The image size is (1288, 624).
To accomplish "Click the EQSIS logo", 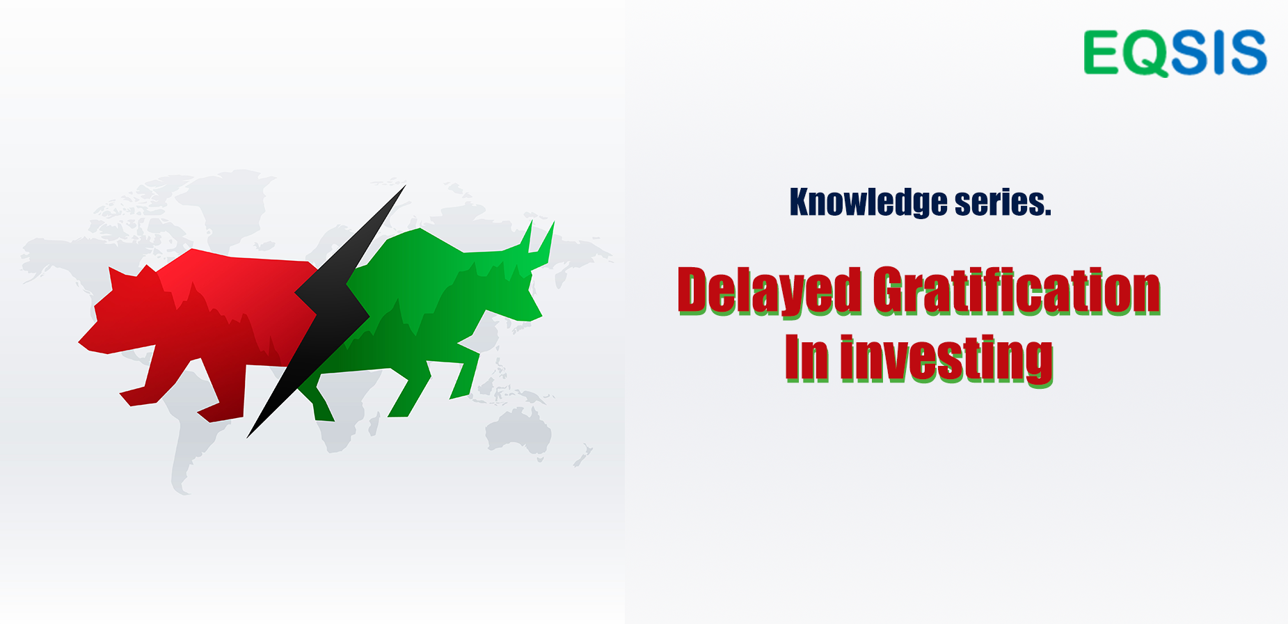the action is (1175, 53).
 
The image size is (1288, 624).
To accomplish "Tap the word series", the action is (1003, 202).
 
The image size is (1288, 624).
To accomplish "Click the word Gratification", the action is (1017, 291).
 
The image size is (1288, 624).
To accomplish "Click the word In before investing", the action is (807, 358).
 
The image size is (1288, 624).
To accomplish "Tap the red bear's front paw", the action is (136, 398).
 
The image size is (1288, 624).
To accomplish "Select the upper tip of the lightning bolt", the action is (405, 186).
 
